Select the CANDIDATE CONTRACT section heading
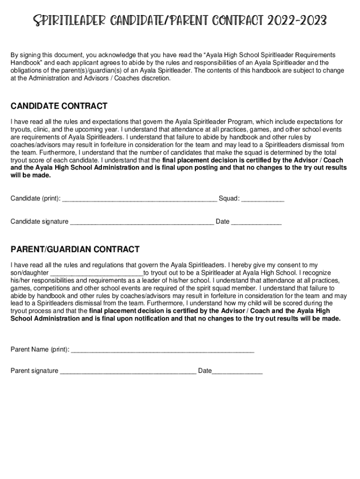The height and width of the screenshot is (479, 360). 59,106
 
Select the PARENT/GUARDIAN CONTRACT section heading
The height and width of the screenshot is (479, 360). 75,249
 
